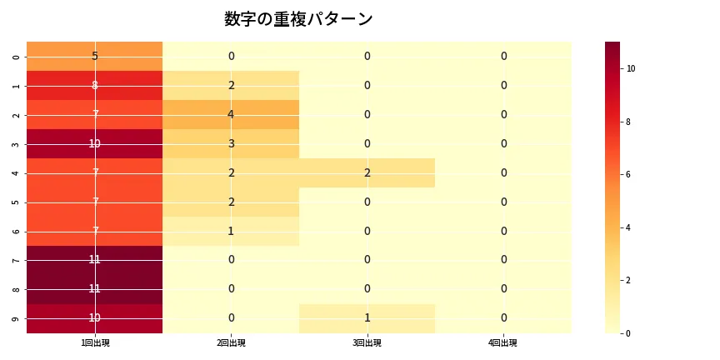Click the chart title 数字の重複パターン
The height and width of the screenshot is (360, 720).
coord(298,19)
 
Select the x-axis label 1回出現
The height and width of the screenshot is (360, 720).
coord(94,343)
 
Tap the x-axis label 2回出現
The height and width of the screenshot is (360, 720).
coord(231,343)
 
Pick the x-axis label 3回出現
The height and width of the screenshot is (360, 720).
coord(367,343)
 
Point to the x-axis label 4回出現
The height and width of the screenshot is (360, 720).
coord(503,343)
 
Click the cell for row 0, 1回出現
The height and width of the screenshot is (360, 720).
coord(94,56)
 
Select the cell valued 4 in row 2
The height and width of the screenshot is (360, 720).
coord(231,114)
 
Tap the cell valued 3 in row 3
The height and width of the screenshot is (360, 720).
coord(231,143)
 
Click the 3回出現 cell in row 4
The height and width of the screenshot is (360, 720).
coord(367,172)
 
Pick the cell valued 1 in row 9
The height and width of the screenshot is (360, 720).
coord(367,318)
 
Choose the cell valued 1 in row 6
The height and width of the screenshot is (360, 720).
coord(231,231)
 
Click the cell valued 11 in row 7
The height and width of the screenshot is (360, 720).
coord(94,260)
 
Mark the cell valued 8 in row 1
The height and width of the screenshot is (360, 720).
coord(94,85)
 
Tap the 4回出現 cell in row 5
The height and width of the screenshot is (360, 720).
coord(503,202)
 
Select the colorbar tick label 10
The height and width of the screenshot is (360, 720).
coord(631,68)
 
